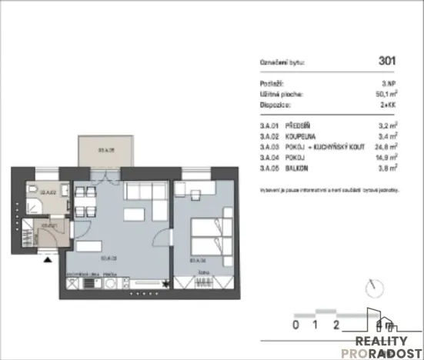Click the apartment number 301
389,59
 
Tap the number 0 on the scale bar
296,324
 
